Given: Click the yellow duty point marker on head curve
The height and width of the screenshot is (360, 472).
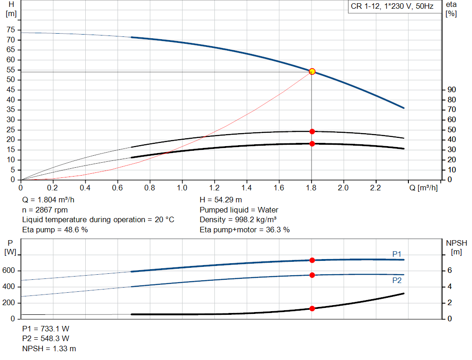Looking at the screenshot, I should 312,71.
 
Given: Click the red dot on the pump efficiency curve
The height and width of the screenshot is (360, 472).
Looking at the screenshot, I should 312,131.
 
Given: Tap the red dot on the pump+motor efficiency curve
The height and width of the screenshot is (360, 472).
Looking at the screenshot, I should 312,144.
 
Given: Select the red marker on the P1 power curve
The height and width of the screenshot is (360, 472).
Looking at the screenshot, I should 312,260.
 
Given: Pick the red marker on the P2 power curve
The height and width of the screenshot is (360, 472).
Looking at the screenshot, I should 312,275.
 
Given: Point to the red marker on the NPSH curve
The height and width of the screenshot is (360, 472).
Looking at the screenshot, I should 312,308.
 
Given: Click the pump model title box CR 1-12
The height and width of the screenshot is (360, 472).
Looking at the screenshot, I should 392,7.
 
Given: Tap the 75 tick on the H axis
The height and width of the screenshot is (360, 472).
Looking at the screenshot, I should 11,30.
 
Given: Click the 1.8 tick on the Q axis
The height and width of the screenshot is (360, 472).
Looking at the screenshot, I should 311,188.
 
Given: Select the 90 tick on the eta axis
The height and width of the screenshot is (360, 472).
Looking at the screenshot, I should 452,90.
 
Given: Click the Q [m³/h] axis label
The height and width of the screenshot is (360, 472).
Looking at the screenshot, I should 423,188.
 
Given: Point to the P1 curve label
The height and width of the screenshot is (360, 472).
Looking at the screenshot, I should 397,254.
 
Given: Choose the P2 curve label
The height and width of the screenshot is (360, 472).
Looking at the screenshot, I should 397,280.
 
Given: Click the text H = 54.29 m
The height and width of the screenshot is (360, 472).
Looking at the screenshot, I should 221,200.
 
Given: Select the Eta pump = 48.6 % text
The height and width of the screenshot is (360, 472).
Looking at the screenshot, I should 55,230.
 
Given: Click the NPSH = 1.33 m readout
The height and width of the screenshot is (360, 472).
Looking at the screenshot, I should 49,348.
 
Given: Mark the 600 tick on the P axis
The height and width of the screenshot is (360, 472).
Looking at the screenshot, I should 10,271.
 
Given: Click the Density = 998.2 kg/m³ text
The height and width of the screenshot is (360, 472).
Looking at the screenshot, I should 238,220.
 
